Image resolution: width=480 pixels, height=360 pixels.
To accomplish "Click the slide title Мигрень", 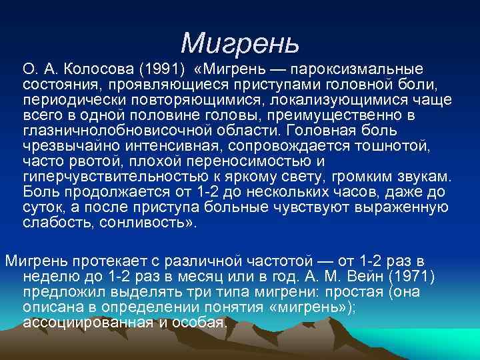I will pos(240,43).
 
